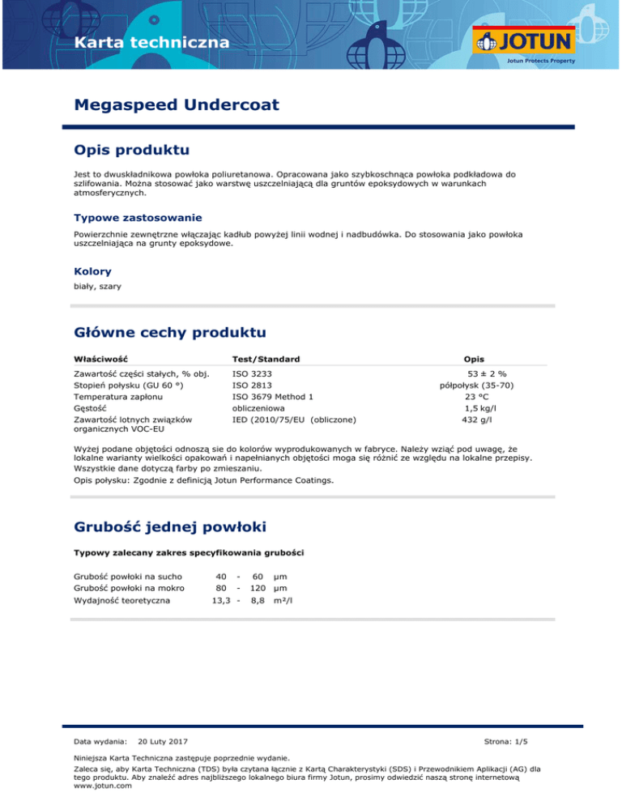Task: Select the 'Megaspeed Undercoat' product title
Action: pos(177,104)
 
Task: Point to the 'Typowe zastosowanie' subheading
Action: pos(138,217)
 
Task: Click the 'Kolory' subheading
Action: pos(92,271)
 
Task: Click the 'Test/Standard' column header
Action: pos(266,359)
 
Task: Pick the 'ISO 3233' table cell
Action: pos(252,374)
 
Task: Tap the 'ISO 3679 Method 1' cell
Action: pos(272,397)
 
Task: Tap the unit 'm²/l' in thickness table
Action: pos(282,600)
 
